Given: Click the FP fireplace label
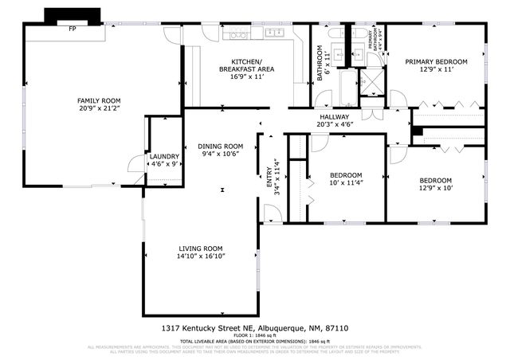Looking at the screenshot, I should click(72, 29).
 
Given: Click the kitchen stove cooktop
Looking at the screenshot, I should click(237, 34).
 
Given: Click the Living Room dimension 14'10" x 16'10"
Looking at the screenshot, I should click(200, 256).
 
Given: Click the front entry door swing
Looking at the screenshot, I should click(272, 213).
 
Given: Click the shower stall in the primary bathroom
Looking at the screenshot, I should click(371, 84).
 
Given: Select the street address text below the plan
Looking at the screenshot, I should click(254, 328).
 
